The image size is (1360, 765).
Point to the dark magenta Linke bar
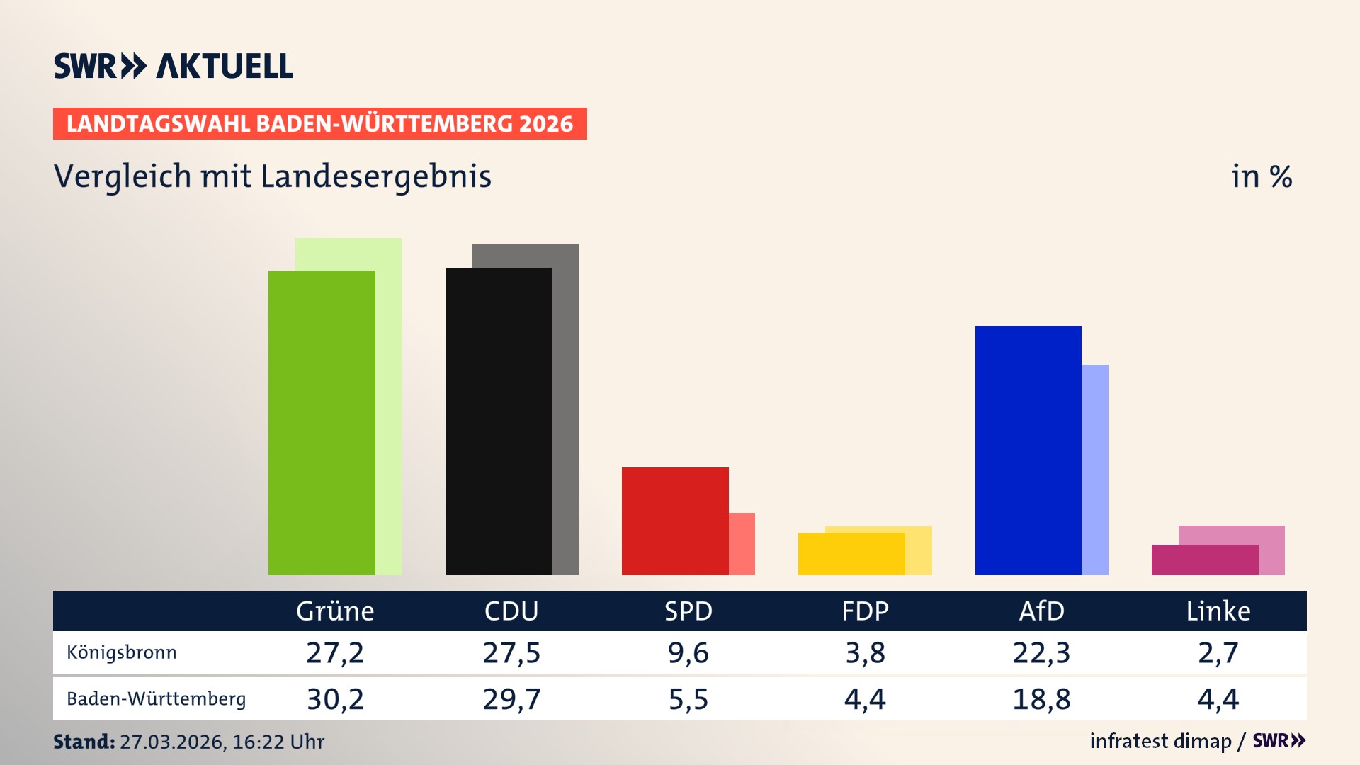1204,560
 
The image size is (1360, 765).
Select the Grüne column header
335,611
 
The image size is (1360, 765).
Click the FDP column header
865,611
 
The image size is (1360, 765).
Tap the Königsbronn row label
122,652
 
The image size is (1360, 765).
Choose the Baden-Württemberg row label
157,699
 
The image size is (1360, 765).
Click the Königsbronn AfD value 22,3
1041,652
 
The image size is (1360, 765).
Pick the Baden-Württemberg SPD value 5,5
688,699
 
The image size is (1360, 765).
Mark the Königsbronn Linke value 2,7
1218,652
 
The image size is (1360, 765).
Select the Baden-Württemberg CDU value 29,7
511,699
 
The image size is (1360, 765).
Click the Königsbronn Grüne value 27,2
335,652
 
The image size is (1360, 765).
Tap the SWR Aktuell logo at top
174,66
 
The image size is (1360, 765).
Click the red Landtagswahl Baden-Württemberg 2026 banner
319,124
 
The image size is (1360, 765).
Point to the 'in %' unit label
1262,176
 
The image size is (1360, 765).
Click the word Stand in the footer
84,742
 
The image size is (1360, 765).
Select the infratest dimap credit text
1160,741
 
